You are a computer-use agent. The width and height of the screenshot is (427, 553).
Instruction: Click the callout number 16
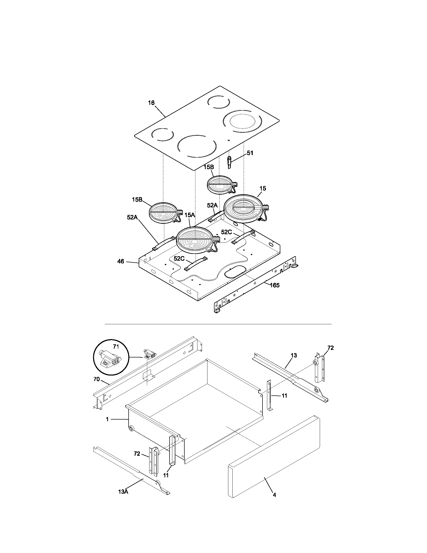coord(151,103)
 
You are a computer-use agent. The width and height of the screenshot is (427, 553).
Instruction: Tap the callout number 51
coord(250,153)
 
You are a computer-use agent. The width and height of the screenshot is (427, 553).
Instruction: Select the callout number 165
coord(275,285)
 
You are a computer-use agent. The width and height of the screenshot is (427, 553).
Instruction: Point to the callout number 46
coord(121,261)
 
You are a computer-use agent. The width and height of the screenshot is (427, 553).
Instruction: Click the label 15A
coord(189,215)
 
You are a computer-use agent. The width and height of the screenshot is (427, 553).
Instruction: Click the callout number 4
coord(275,495)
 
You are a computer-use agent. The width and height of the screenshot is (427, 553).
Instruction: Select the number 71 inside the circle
coord(116,346)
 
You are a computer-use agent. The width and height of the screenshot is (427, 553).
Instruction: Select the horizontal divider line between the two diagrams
coord(218,324)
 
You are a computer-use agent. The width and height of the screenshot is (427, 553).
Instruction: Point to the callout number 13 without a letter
coord(294,355)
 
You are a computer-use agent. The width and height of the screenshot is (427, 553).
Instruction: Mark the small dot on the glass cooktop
coord(229,140)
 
